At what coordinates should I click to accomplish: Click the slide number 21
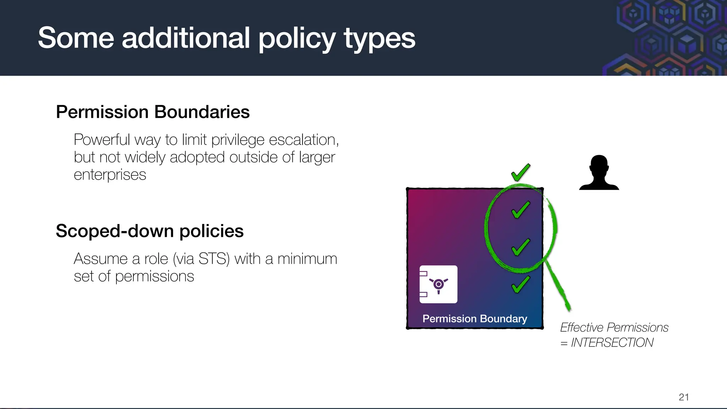click(684, 397)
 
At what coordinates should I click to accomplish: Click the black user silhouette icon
click(599, 173)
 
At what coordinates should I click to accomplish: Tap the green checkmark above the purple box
click(520, 173)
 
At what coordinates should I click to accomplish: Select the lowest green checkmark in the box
click(520, 284)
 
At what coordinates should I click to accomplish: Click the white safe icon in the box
click(438, 284)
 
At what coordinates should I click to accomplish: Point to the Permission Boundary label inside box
click(475, 318)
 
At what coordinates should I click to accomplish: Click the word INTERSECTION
click(612, 343)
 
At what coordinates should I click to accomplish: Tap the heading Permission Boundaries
click(153, 112)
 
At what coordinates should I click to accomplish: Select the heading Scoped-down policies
click(149, 231)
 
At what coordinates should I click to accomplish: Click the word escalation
click(304, 140)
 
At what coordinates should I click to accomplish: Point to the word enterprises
click(110, 175)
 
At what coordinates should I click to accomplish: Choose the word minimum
click(307, 259)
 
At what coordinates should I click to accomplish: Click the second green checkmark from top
click(520, 209)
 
